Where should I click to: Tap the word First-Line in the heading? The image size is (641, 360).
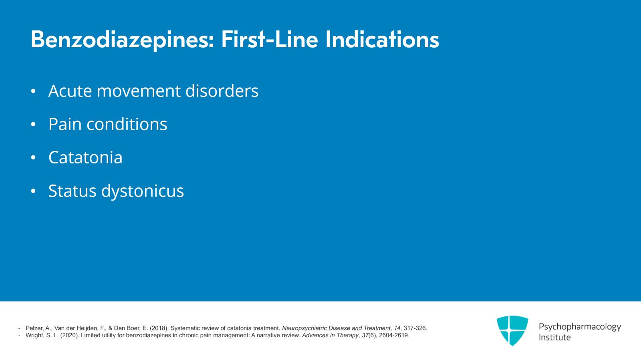tap(269, 40)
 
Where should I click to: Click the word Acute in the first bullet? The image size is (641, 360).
tap(70, 91)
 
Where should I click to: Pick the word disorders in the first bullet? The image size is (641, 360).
tap(222, 91)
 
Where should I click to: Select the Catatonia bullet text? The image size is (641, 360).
tap(85, 158)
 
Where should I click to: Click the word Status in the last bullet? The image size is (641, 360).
tap(72, 191)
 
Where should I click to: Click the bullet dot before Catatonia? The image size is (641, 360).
tap(33, 158)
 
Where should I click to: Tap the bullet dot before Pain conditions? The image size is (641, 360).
tap(33, 125)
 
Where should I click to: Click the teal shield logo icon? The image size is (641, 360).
tap(512, 330)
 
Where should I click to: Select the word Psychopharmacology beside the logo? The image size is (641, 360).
tap(579, 327)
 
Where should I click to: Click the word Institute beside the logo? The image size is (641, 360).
tap(554, 338)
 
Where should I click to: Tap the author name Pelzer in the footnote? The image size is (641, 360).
tap(34, 328)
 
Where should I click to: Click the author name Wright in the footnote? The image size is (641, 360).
tap(34, 336)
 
